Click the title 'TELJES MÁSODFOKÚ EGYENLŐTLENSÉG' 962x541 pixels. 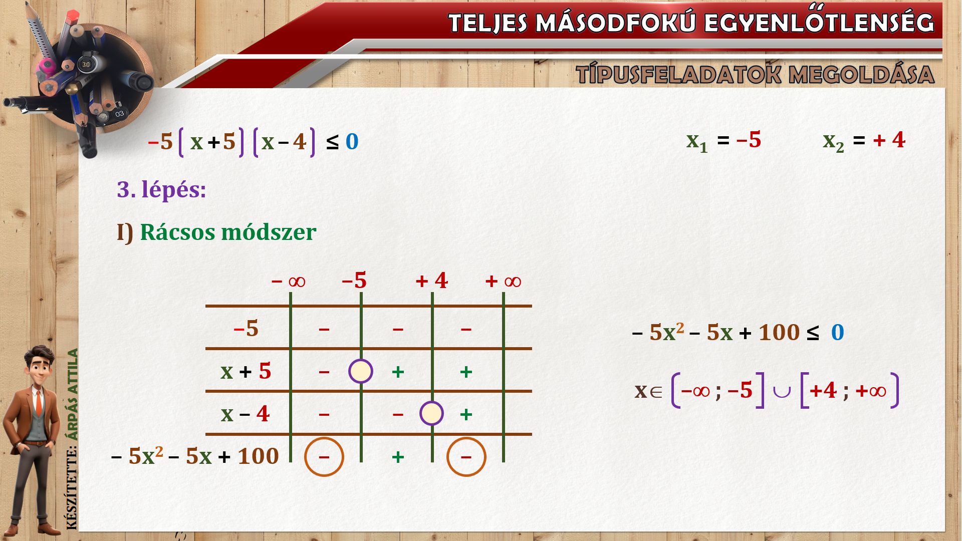(x=691, y=23)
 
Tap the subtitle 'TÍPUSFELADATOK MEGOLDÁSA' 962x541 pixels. (x=755, y=75)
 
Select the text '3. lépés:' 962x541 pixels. (x=161, y=190)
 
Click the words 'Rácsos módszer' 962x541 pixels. (x=228, y=232)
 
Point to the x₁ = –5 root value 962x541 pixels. (x=724, y=141)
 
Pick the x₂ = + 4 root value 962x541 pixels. (x=864, y=141)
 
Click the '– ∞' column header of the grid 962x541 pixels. (x=288, y=281)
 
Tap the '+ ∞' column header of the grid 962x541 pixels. (x=503, y=281)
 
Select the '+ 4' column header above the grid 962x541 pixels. (x=431, y=281)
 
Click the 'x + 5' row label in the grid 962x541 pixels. (x=246, y=371)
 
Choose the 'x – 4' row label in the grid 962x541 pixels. (x=245, y=414)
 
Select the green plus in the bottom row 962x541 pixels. (x=398, y=457)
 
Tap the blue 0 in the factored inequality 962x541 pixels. (x=352, y=142)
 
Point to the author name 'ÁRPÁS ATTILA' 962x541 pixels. (x=73, y=395)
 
